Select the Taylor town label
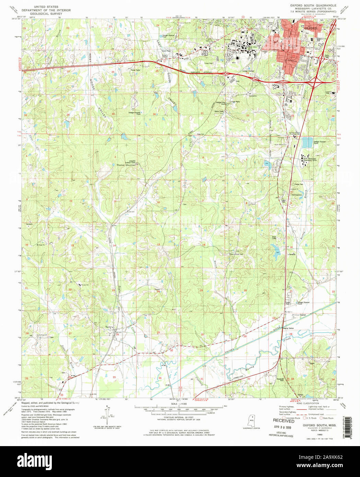point(109,327)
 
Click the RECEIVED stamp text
point(283,421)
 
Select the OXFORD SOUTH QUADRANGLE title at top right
point(313,5)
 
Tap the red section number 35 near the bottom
point(114,377)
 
